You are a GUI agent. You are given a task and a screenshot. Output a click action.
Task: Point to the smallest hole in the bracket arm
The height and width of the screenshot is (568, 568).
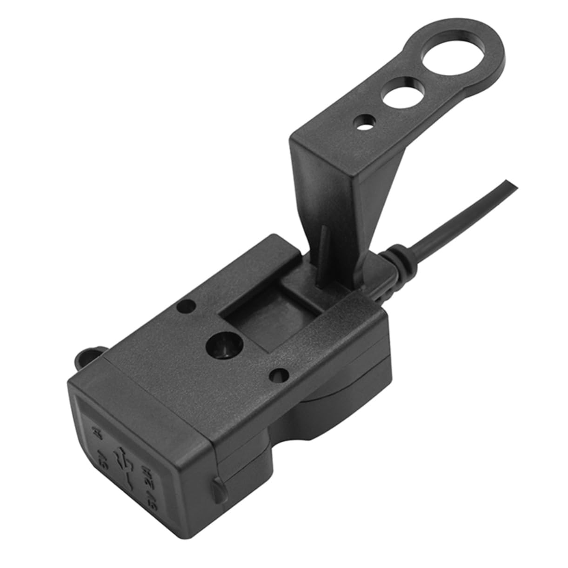pos(363,124)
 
